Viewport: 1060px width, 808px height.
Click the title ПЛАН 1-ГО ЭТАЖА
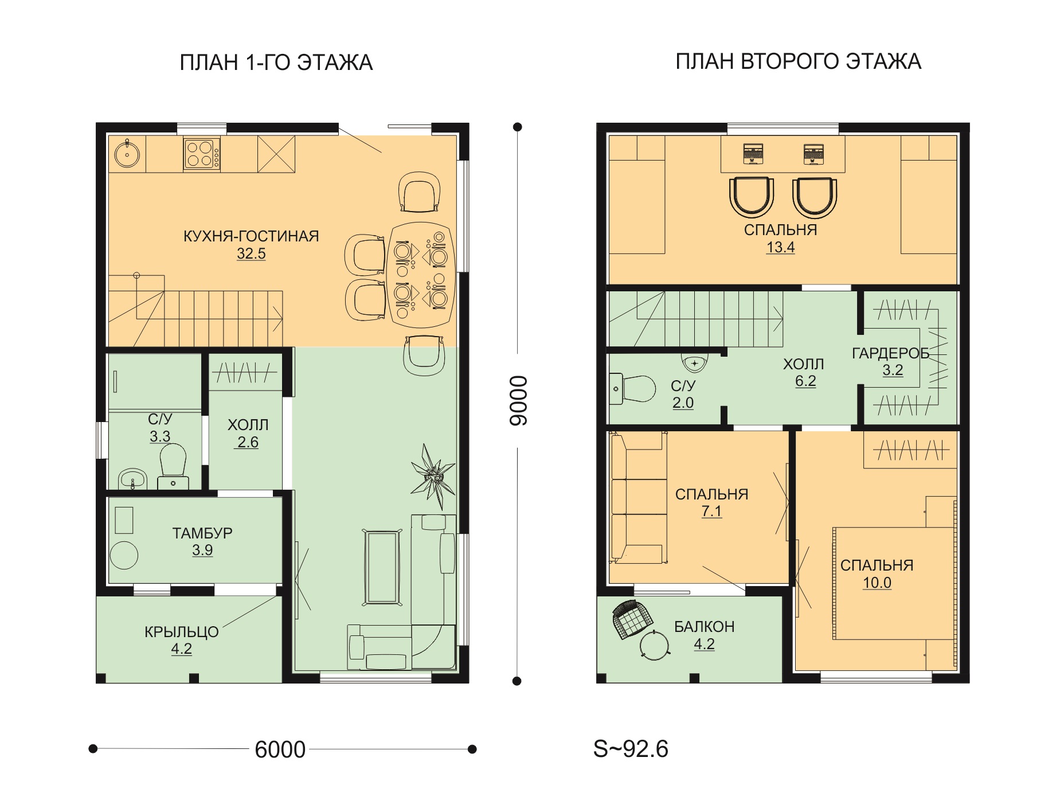tap(276, 63)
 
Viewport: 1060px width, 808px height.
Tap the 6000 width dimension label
tap(280, 750)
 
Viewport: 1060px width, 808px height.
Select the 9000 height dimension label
tap(518, 400)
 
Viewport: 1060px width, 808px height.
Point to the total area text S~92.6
tap(631, 749)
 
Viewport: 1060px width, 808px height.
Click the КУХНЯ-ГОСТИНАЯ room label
tap(251, 236)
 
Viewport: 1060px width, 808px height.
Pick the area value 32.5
tap(251, 253)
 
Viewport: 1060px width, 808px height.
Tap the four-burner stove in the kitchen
tap(202, 154)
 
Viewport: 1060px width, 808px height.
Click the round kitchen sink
tap(127, 153)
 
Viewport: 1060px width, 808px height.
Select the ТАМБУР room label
tap(202, 533)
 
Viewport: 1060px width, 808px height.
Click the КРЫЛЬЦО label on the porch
tap(181, 632)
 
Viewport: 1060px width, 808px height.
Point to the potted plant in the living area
tap(433, 476)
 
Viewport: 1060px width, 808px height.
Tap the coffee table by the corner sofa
tap(382, 567)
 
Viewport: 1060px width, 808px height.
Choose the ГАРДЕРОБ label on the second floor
tap(890, 353)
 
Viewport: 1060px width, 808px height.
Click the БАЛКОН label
tap(704, 627)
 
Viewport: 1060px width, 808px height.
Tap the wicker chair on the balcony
tap(633, 619)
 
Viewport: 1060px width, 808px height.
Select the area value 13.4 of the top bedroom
tap(780, 247)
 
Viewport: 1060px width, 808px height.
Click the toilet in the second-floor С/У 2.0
tap(632, 389)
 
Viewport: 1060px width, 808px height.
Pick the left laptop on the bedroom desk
tap(753, 154)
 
